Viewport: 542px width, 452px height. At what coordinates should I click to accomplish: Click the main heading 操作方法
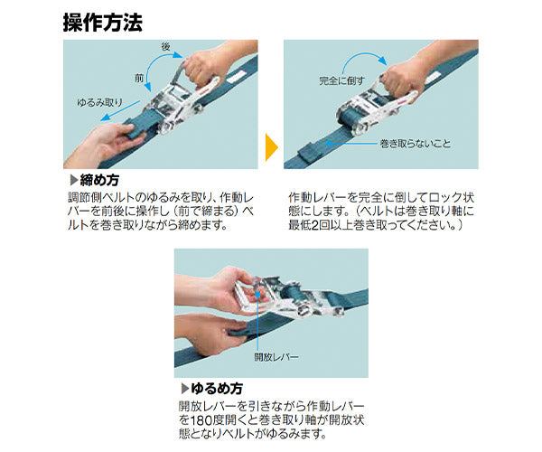pos(103,24)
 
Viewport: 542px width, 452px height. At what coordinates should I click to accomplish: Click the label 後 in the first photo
pos(166,46)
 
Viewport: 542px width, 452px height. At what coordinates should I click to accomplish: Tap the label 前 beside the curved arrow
pos(139,78)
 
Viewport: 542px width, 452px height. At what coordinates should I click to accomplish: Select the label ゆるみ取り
pos(100,102)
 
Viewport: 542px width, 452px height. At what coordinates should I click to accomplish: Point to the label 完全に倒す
pos(341,81)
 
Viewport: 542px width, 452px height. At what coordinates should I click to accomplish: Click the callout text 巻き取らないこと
pos(416,143)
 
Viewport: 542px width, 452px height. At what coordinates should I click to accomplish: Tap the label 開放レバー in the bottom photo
pos(276,356)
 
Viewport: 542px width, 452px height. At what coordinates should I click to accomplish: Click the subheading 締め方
pos(99,180)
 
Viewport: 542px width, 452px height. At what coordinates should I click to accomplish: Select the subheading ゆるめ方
pos(217,389)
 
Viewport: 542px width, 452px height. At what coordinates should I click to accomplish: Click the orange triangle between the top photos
pos(271,147)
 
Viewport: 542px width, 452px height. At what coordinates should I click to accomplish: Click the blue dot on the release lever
pos(257,295)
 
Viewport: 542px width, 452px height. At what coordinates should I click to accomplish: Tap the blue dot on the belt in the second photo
pos(329,143)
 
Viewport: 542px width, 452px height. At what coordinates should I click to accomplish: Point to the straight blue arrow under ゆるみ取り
pos(120,110)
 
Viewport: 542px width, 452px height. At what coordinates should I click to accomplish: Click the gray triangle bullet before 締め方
pos(74,180)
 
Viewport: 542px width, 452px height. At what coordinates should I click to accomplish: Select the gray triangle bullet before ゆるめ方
pos(185,389)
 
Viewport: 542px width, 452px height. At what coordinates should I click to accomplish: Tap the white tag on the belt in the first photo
pos(238,77)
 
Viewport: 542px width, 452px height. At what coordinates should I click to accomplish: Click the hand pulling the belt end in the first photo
pos(104,143)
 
